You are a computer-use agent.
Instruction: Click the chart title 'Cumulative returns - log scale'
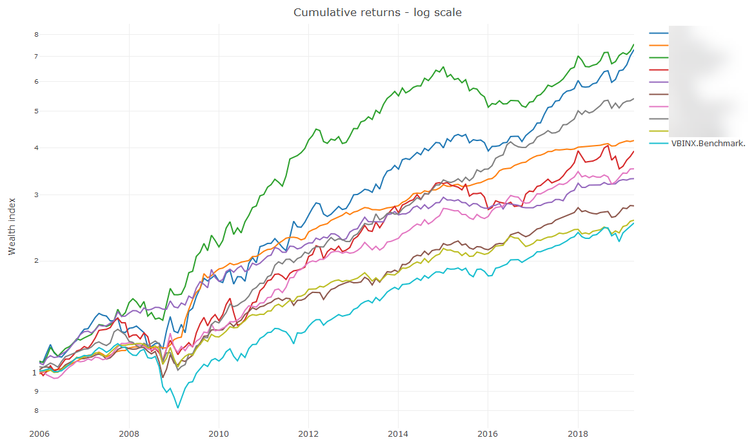(x=377, y=12)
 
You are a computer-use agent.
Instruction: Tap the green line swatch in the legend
(x=659, y=57)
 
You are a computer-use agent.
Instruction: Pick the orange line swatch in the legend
(x=659, y=45)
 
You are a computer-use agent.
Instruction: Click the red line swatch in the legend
(x=659, y=70)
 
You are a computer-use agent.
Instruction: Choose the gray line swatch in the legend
(x=659, y=119)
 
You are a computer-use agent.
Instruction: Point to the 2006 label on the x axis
(x=39, y=433)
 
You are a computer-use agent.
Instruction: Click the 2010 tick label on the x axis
(x=219, y=433)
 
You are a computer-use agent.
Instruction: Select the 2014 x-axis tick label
(x=399, y=433)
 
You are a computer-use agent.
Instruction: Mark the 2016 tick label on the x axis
(x=488, y=433)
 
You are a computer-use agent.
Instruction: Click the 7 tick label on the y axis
(x=36, y=56)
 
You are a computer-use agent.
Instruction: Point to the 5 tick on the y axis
(x=36, y=111)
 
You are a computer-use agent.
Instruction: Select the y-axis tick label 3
(x=36, y=195)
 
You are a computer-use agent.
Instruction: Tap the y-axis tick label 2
(x=36, y=261)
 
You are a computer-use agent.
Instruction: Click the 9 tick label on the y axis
(x=36, y=391)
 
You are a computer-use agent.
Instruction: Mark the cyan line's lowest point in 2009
(x=178, y=408)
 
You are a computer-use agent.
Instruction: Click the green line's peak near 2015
(x=443, y=67)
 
